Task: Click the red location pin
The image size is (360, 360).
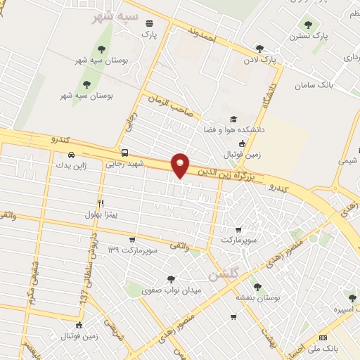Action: [181, 165]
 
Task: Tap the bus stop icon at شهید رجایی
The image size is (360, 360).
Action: [124, 153]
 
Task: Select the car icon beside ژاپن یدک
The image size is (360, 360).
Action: [70, 155]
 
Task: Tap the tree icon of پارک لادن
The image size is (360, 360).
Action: [259, 49]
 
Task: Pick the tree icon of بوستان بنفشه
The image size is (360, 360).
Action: [257, 287]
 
